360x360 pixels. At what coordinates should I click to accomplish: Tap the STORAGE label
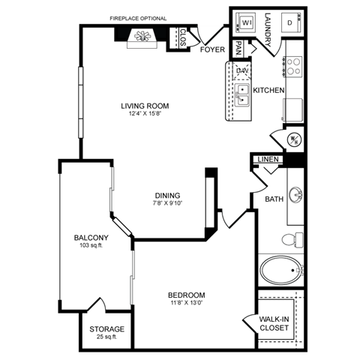[106, 329]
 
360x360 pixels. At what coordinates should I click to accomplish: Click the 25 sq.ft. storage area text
[106, 337]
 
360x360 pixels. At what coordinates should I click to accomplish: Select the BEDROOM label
[187, 295]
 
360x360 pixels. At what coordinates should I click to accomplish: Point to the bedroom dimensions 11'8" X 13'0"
[187, 304]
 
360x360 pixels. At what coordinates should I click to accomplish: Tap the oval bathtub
[280, 269]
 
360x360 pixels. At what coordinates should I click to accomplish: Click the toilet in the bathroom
[293, 240]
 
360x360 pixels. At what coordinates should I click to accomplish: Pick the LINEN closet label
[268, 160]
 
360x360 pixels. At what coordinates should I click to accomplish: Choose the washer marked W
[244, 22]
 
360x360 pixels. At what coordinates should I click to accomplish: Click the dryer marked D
[289, 22]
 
